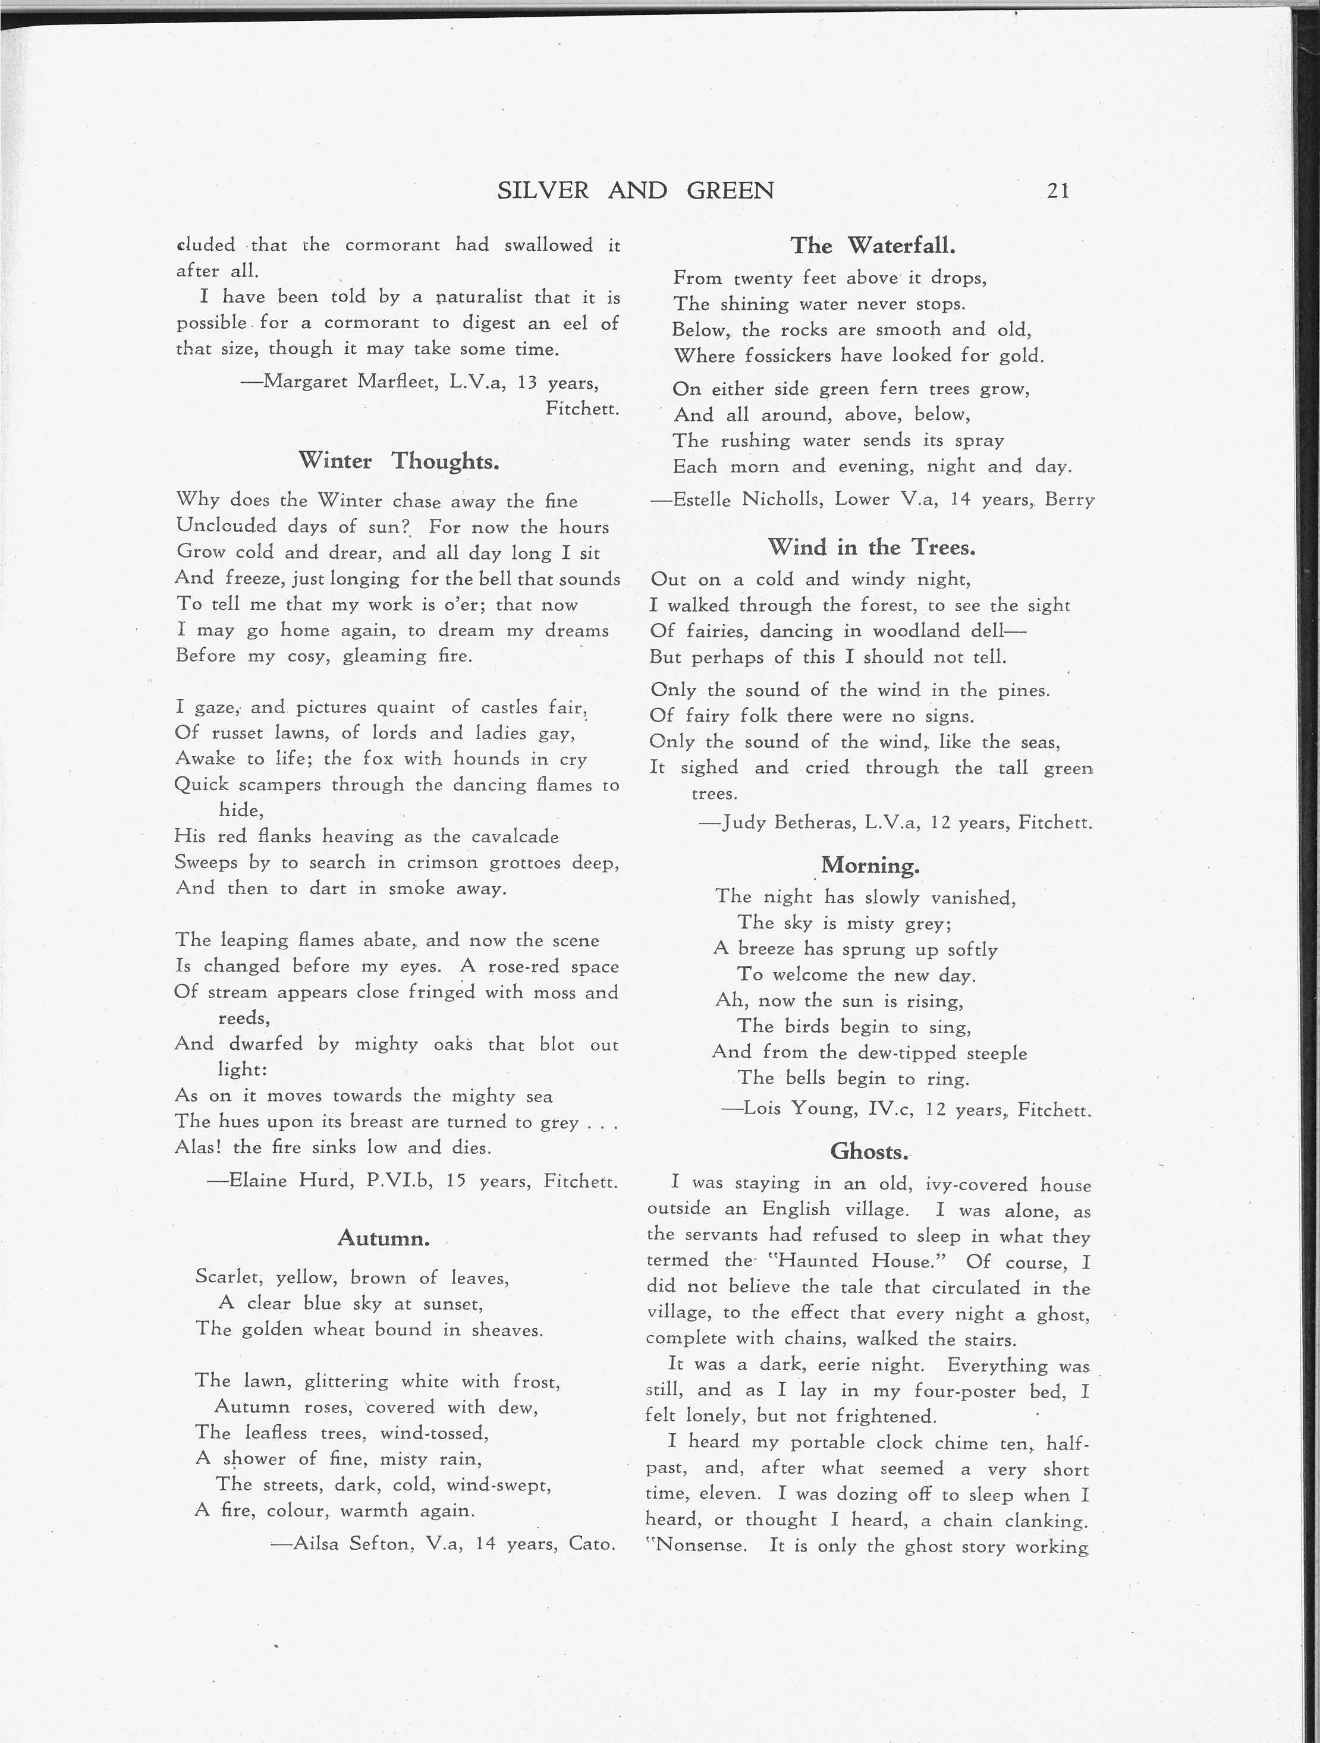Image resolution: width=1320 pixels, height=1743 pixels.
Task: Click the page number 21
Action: click(1058, 191)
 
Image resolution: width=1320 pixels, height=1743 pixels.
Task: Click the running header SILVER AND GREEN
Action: click(635, 191)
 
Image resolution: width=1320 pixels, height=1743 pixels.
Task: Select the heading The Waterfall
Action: click(872, 246)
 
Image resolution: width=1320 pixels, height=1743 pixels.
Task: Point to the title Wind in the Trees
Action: click(871, 547)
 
